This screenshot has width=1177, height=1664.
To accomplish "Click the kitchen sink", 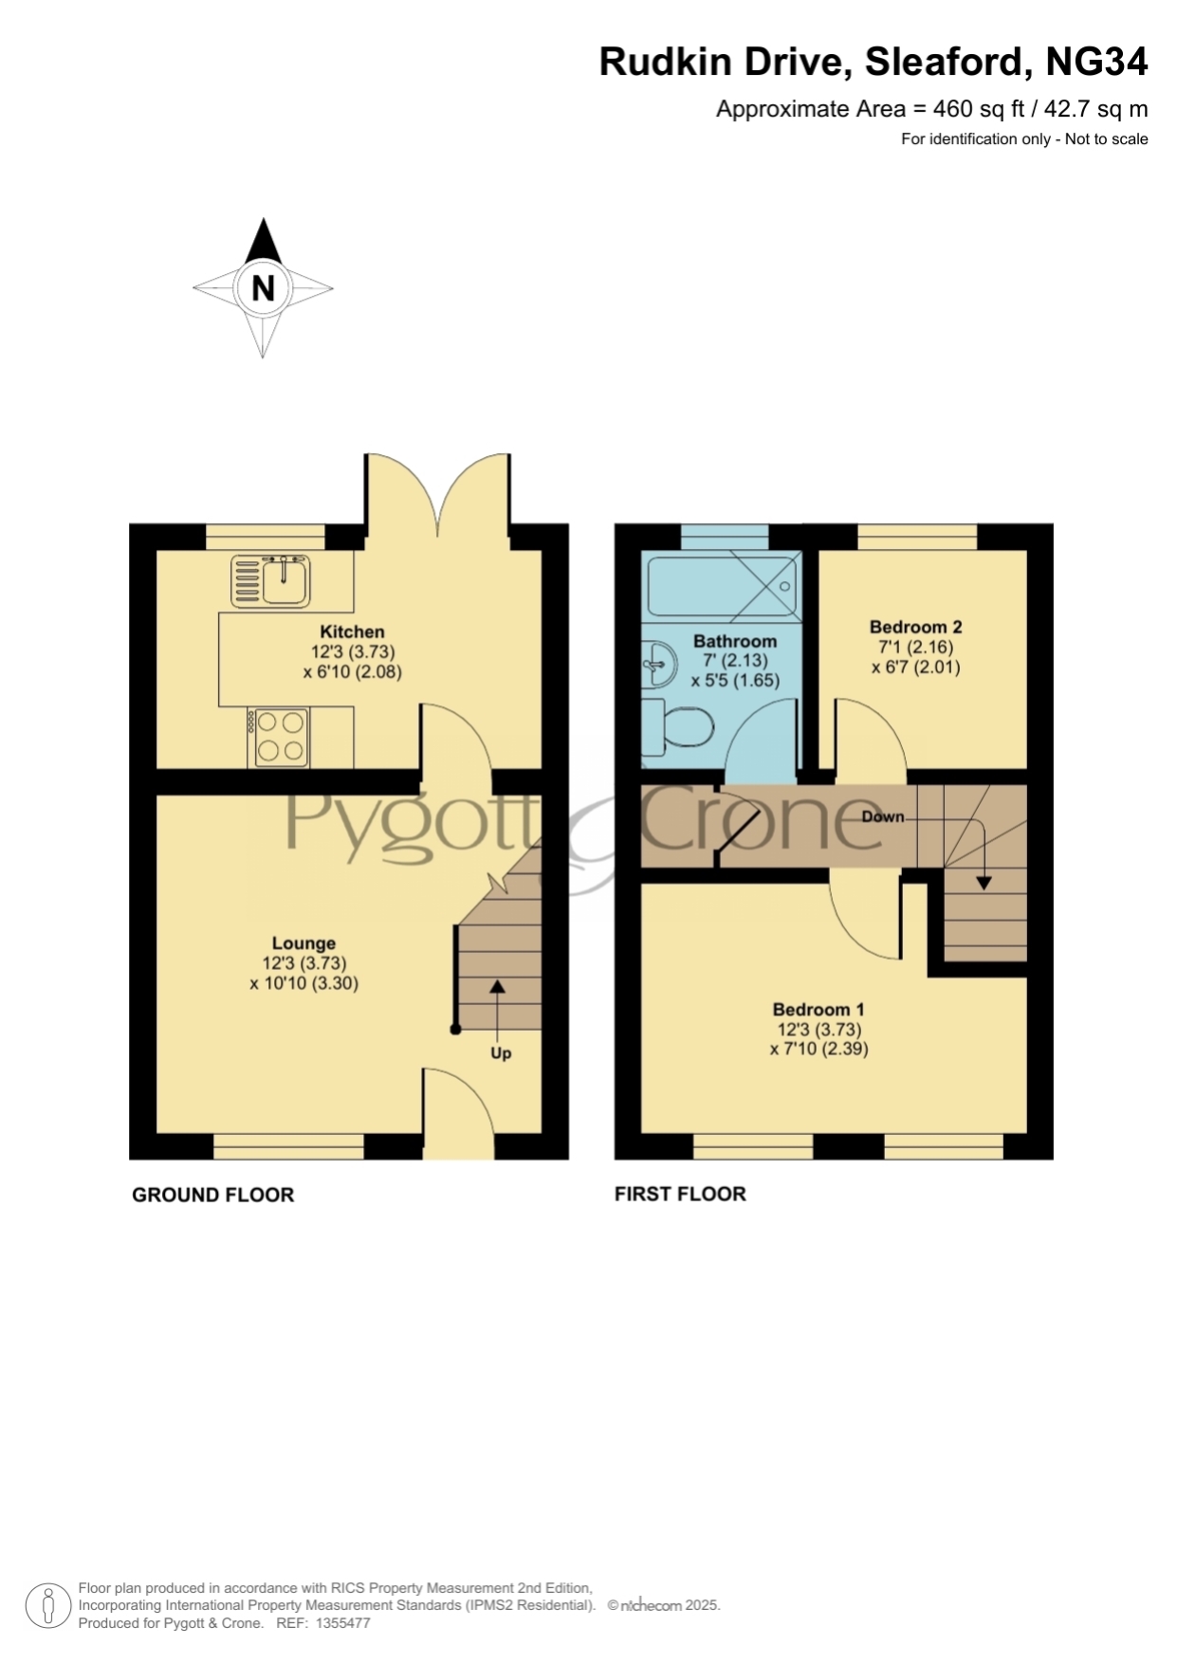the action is pyautogui.click(x=270, y=581).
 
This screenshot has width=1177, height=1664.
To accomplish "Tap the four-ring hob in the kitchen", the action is pyautogui.click(x=278, y=737).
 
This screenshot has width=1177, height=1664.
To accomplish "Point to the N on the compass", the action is pyautogui.click(x=263, y=287).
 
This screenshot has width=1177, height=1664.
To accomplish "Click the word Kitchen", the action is pyautogui.click(x=352, y=631).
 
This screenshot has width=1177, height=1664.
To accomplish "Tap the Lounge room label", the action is pyautogui.click(x=303, y=943).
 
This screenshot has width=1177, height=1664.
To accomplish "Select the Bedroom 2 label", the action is pyautogui.click(x=916, y=627).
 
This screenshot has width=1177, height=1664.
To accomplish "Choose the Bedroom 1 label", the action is pyautogui.click(x=818, y=1010).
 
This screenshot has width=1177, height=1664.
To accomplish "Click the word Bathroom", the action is pyautogui.click(x=735, y=641).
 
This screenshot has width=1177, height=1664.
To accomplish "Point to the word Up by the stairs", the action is pyautogui.click(x=501, y=1053).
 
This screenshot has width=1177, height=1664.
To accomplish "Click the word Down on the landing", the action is pyautogui.click(x=883, y=816).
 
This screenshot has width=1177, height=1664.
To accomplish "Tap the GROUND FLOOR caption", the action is pyautogui.click(x=213, y=1195).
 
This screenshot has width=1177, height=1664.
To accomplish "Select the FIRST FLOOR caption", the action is pyautogui.click(x=680, y=1194).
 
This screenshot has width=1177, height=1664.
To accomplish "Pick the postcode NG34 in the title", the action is pyautogui.click(x=1096, y=62).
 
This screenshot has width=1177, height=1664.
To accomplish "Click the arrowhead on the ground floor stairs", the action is pyautogui.click(x=497, y=986).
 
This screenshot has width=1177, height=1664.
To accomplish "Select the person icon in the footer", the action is pyautogui.click(x=47, y=1606).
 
